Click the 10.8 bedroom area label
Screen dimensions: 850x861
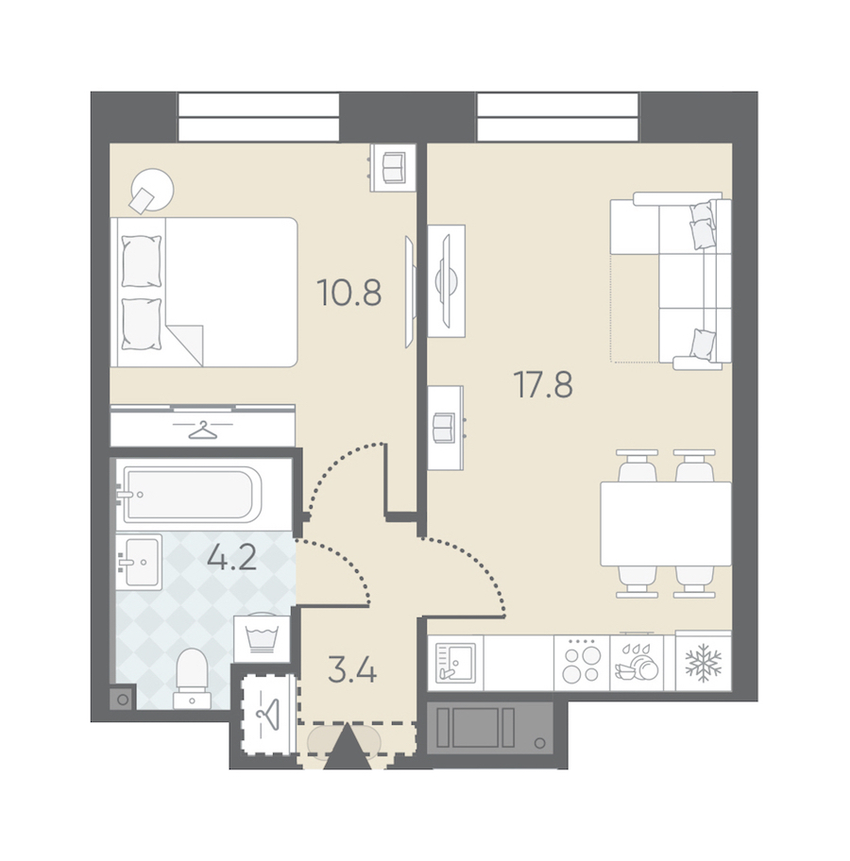(x=348, y=292)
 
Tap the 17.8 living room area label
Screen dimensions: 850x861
(x=543, y=384)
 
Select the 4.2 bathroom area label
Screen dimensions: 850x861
(x=232, y=558)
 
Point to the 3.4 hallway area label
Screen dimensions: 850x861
(x=352, y=670)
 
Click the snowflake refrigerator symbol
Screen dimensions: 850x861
(x=704, y=663)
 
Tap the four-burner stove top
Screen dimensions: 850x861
(x=582, y=663)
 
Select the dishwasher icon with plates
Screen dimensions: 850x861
(x=637, y=663)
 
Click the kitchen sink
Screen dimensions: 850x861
(x=455, y=663)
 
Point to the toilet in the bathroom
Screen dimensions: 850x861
(x=193, y=679)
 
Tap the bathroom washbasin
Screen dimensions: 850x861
(x=140, y=562)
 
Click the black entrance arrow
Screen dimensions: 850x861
(x=348, y=747)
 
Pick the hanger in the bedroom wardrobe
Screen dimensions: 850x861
(x=203, y=430)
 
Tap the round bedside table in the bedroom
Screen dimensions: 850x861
(x=153, y=190)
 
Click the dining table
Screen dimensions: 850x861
(x=666, y=524)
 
